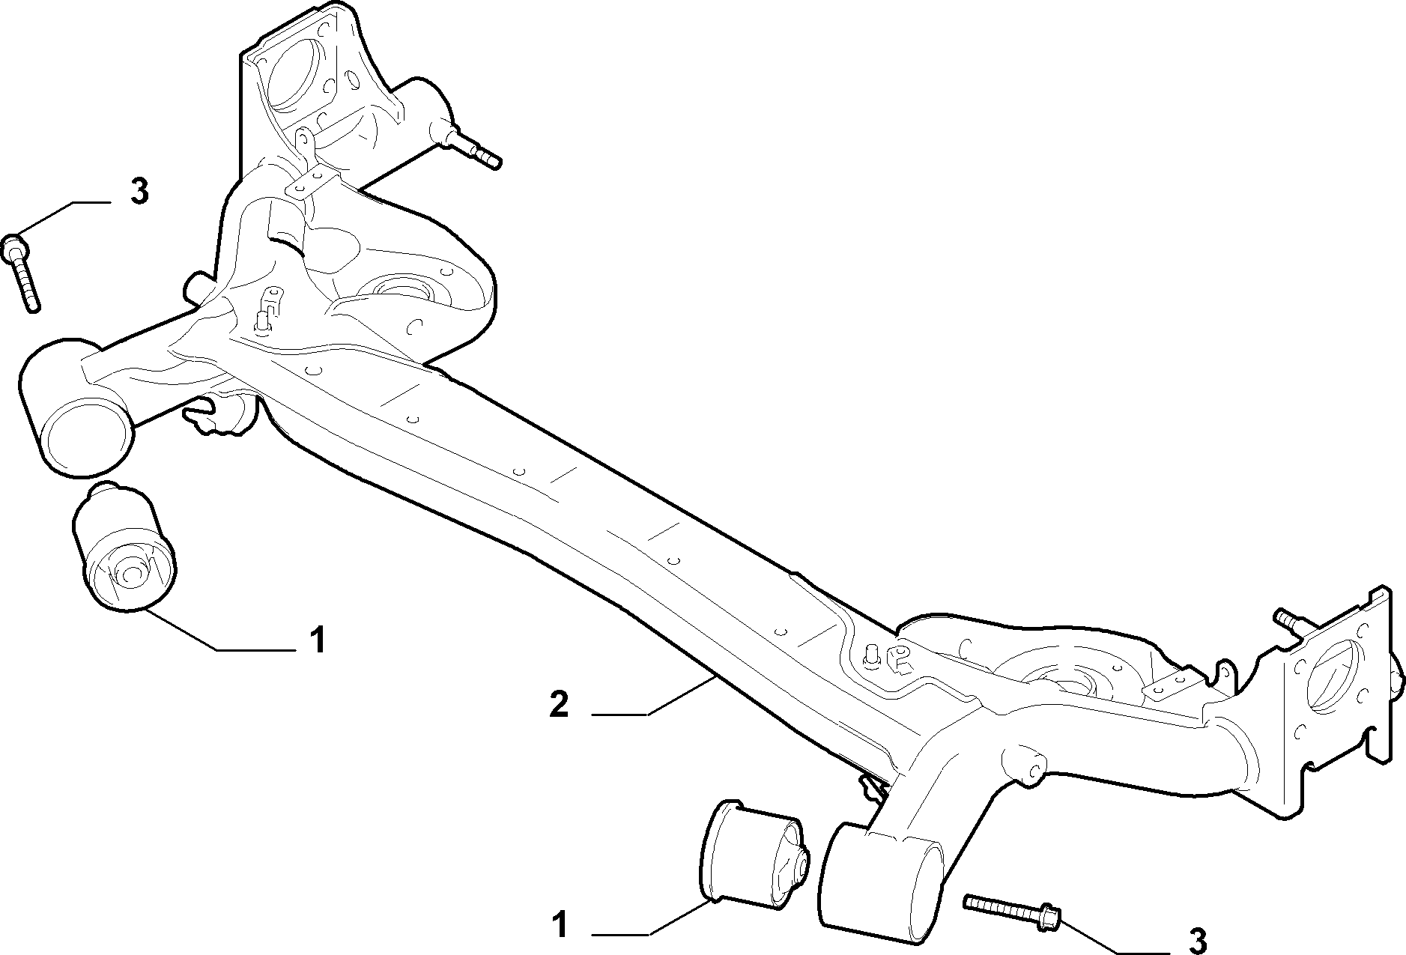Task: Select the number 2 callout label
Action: coord(559,705)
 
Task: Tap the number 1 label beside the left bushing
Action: coord(318,640)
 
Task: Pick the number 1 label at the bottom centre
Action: coord(560,926)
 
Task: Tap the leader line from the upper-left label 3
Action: coord(64,216)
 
